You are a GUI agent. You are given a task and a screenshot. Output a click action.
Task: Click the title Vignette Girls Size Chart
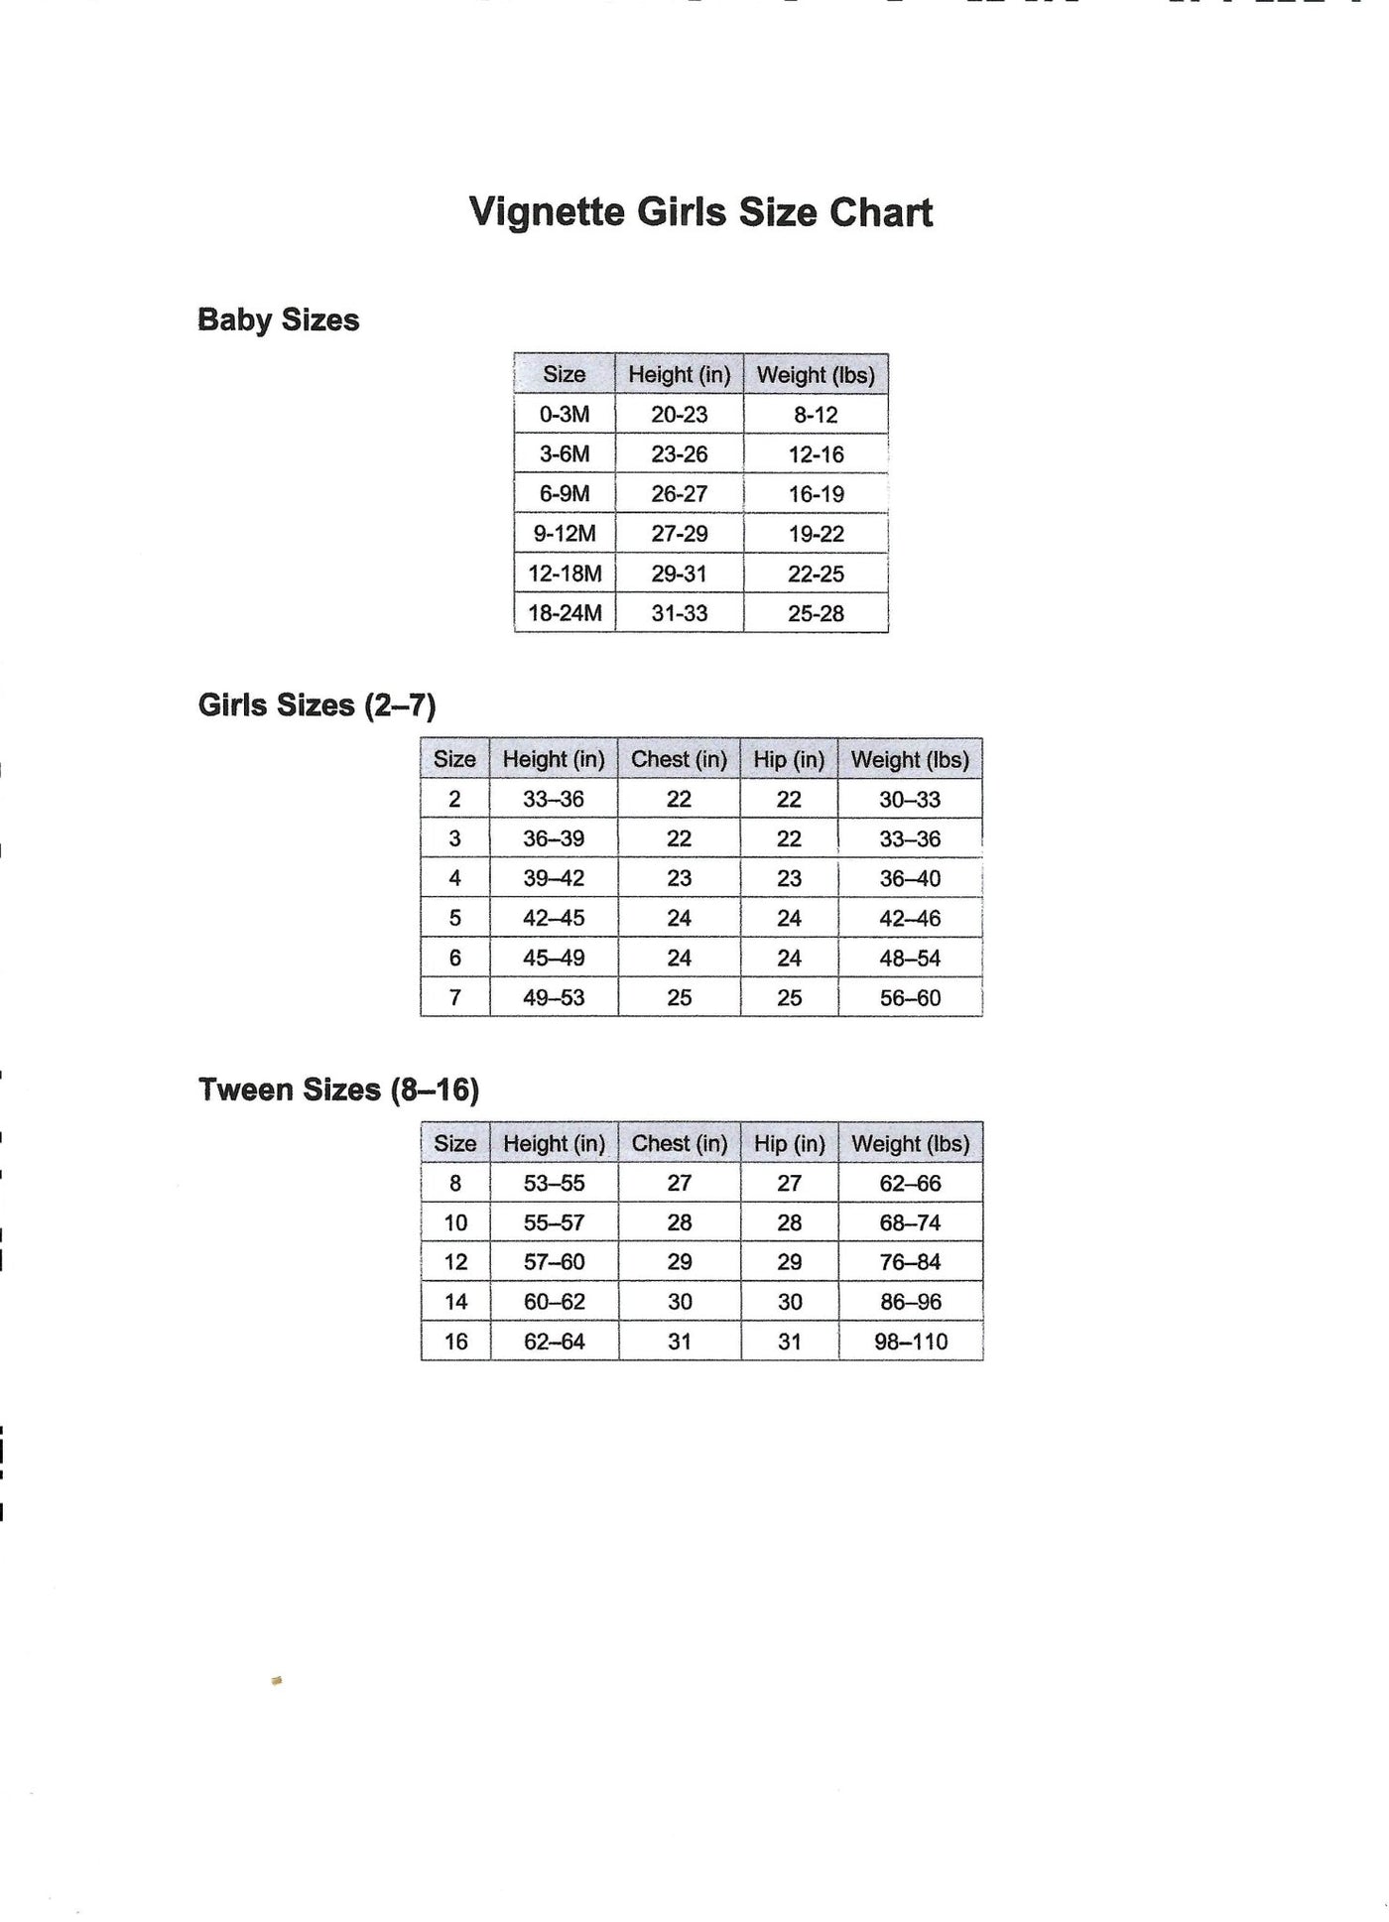[x=700, y=212]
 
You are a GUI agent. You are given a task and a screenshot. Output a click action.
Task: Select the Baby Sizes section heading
[x=278, y=320]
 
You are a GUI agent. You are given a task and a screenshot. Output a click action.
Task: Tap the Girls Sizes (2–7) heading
[x=316, y=705]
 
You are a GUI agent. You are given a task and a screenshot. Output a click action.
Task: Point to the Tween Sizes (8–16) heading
[x=338, y=1089]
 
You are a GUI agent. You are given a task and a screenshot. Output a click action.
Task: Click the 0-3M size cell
[x=565, y=415]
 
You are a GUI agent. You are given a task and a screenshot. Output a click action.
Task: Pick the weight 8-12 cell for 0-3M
[x=816, y=415]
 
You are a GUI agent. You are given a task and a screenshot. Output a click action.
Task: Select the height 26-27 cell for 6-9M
[x=680, y=494]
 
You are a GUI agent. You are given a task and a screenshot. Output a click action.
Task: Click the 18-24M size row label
[x=565, y=613]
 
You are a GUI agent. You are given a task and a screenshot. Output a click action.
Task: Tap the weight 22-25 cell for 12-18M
[x=816, y=574]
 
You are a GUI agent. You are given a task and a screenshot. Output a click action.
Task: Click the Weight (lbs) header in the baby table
[x=816, y=375]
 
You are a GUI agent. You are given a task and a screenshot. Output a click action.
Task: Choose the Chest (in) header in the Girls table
[x=679, y=759]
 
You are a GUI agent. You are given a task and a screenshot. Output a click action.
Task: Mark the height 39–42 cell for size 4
[x=554, y=878]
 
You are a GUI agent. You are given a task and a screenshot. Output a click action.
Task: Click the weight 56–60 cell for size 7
[x=910, y=998]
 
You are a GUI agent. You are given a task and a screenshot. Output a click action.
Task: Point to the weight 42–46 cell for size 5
[x=910, y=919]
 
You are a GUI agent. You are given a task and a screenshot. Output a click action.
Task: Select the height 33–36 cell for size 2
[x=554, y=799]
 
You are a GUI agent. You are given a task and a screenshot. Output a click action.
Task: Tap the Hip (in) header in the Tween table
[x=789, y=1143]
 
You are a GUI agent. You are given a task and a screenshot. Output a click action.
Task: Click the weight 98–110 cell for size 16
[x=911, y=1342]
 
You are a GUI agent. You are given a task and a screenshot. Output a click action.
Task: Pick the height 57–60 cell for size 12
[x=554, y=1262]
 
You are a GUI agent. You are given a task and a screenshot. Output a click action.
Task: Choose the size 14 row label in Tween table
[x=455, y=1302]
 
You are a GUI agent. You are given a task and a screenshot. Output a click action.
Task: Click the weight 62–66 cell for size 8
[x=910, y=1183]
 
